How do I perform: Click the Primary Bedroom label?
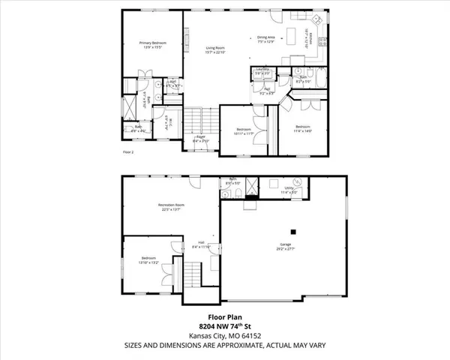[x=152, y=43]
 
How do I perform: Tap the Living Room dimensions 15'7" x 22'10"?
[x=217, y=53]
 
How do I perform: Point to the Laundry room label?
[x=262, y=69]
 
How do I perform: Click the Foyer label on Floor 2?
[x=201, y=136]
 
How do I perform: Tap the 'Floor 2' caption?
[x=127, y=151]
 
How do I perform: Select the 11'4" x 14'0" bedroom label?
[x=303, y=126]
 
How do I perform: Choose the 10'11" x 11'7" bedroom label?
[x=244, y=129]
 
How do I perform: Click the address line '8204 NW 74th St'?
[x=224, y=327]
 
